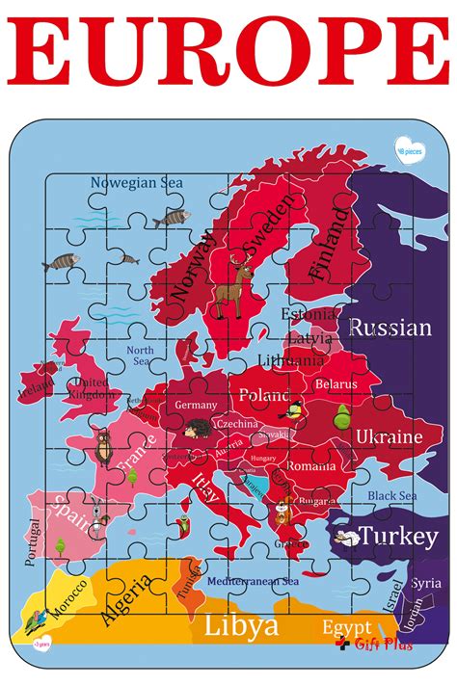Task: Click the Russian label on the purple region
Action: pyautogui.click(x=390, y=328)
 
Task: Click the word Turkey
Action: pyautogui.click(x=398, y=536)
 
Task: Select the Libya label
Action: pyautogui.click(x=241, y=626)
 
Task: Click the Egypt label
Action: pyautogui.click(x=346, y=626)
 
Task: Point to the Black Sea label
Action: pyautogui.click(x=391, y=495)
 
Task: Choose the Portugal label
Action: pyautogui.click(x=36, y=543)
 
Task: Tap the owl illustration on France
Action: pyautogui.click(x=103, y=447)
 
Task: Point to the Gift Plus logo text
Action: pyautogui.click(x=382, y=645)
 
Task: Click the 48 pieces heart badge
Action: pyautogui.click(x=410, y=148)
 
